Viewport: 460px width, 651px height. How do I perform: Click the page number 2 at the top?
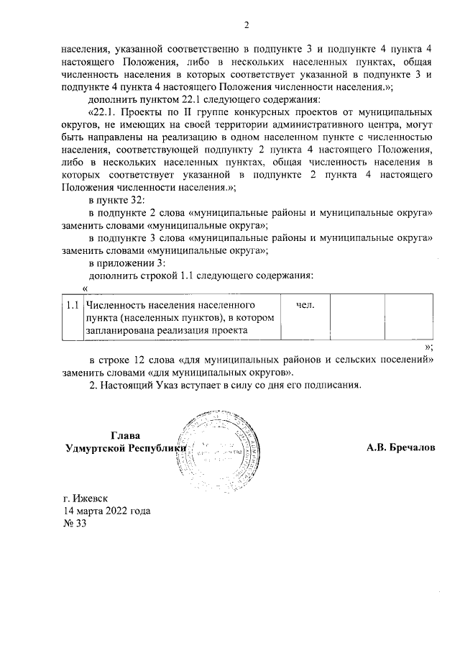(x=246, y=27)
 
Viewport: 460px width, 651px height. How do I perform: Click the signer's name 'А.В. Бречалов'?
(x=400, y=447)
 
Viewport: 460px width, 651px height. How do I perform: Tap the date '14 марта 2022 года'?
(x=106, y=510)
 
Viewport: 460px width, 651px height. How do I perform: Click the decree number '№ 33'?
(x=75, y=523)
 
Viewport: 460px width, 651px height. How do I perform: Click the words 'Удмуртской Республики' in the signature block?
(x=125, y=447)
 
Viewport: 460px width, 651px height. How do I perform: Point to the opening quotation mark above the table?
(x=86, y=288)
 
